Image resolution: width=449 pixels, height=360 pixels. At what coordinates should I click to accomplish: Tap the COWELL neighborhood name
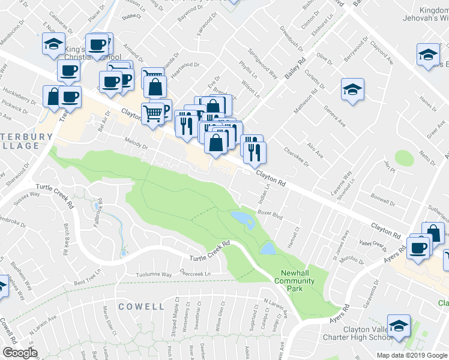coord(141,306)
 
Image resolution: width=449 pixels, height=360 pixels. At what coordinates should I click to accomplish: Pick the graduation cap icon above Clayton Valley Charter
coord(398,326)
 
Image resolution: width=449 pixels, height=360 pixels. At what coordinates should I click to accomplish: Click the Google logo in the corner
coord(20,352)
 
